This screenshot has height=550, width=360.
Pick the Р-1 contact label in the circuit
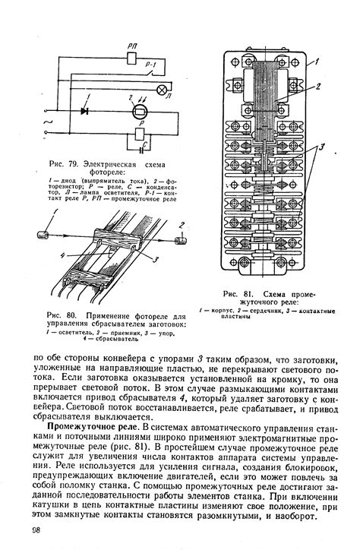pyautogui.click(x=151, y=66)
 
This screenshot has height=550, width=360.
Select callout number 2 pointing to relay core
pyautogui.click(x=317, y=87)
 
